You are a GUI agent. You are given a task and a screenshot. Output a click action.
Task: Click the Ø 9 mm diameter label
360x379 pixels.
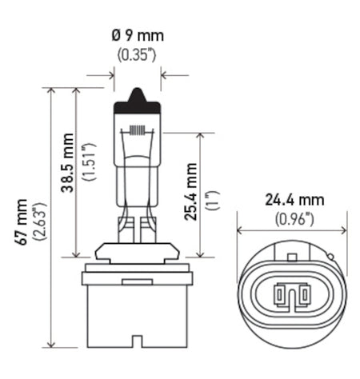pyautogui.click(x=138, y=36)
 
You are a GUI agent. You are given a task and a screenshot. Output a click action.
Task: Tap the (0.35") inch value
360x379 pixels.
pyautogui.click(x=137, y=55)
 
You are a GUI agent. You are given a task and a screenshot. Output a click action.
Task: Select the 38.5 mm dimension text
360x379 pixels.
pyautogui.click(x=67, y=162)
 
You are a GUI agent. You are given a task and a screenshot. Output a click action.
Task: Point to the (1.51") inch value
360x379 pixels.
pyautogui.click(x=89, y=162)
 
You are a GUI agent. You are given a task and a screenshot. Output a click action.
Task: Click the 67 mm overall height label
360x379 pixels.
pyautogui.click(x=21, y=221)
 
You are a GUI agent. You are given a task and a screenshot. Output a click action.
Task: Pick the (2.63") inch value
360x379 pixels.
pyautogui.click(x=39, y=221)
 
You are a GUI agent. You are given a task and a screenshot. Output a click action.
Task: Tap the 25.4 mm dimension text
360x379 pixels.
pyautogui.click(x=190, y=192)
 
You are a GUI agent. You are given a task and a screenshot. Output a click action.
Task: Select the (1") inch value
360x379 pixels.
pyautogui.click(x=213, y=201)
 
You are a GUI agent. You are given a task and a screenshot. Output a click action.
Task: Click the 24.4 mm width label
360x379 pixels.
pyautogui.click(x=294, y=200)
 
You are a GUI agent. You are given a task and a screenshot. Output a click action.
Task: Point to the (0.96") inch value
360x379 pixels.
pyautogui.click(x=294, y=219)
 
